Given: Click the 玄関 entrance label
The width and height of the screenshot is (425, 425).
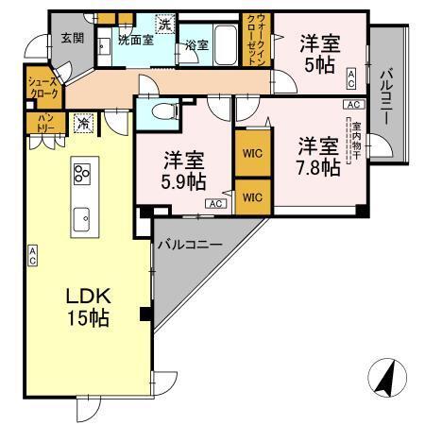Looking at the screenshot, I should [73, 38].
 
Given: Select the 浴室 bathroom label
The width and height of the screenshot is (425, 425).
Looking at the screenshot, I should [197, 45].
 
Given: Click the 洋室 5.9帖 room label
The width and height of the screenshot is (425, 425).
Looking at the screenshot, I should [183, 167].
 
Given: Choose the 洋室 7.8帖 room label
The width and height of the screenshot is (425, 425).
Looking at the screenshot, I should [318, 157].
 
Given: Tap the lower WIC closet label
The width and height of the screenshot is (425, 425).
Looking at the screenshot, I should [249, 196].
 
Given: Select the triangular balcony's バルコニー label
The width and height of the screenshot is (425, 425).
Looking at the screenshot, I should [189, 244].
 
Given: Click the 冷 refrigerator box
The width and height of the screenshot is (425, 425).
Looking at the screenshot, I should [84, 122].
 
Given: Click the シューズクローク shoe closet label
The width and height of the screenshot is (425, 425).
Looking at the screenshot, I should [46, 88].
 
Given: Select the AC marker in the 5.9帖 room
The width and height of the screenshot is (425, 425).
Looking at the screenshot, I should [213, 203].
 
